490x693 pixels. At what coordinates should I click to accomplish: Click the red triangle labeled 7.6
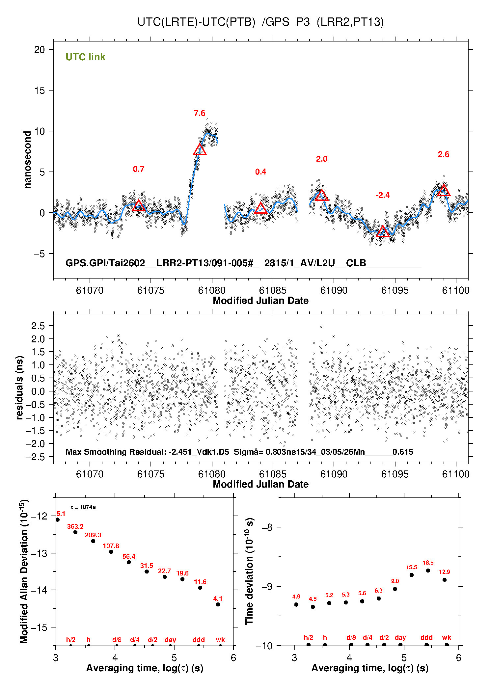(200, 150)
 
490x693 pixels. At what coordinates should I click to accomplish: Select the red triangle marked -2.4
(383, 231)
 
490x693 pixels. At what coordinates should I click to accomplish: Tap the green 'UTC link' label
(85, 57)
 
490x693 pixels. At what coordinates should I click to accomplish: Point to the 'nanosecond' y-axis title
(27, 159)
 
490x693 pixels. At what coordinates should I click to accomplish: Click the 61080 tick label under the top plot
(212, 290)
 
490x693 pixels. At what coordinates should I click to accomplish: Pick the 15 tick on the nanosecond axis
(40, 91)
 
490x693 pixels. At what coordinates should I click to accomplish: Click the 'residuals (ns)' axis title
(19, 387)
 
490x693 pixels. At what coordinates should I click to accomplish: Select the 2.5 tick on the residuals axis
(38, 326)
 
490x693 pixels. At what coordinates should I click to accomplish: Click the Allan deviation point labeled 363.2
(75, 532)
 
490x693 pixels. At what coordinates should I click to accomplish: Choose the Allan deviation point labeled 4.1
(218, 604)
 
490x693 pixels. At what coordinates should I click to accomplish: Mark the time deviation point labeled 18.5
(428, 571)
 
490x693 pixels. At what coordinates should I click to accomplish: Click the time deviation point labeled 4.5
(313, 607)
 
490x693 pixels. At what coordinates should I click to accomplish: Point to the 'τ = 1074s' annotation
(83, 507)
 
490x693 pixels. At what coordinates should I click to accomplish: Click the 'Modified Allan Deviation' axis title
(24, 571)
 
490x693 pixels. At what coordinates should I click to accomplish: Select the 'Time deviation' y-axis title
(249, 571)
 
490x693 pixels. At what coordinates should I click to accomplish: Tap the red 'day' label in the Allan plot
(170, 640)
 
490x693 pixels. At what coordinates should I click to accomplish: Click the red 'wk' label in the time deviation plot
(447, 637)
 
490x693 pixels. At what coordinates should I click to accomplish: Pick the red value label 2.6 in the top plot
(444, 154)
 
